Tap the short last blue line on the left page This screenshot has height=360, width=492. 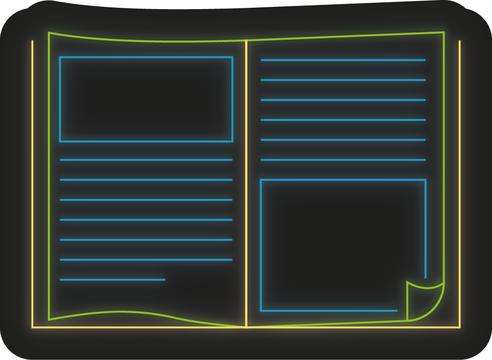(x=112, y=280)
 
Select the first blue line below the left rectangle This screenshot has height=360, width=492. (x=146, y=160)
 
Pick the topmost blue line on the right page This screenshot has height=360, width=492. (x=343, y=60)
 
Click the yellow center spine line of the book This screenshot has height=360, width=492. (x=246, y=183)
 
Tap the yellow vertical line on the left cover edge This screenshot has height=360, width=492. (x=32, y=183)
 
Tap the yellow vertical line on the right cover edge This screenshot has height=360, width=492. (x=460, y=183)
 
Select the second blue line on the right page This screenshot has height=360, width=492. (x=343, y=80)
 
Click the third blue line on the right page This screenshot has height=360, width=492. (x=343, y=100)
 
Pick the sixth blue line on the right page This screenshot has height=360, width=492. (x=343, y=160)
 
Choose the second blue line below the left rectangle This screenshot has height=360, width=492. (x=146, y=180)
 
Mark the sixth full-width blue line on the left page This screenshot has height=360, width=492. (x=146, y=260)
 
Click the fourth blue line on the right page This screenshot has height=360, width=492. (x=343, y=120)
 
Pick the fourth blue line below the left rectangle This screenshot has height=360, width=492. (x=146, y=220)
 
